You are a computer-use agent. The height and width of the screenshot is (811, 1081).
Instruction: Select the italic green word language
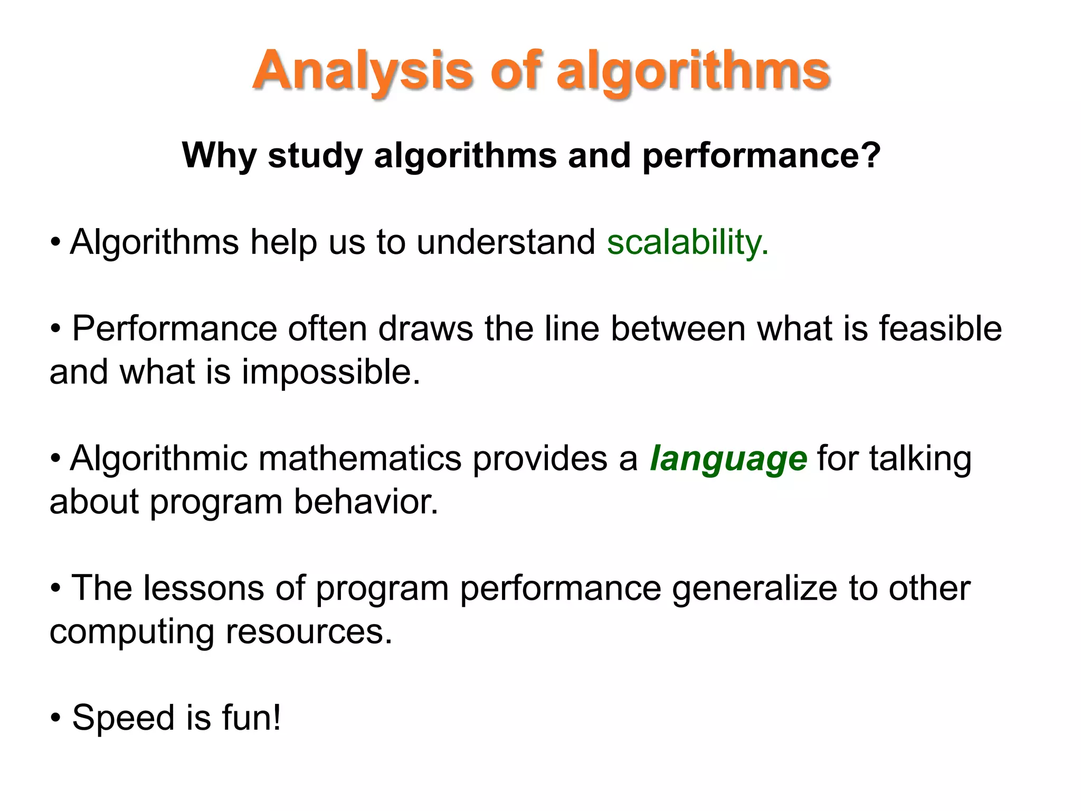click(x=728, y=458)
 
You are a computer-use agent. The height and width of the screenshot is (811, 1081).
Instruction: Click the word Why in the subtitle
click(x=219, y=156)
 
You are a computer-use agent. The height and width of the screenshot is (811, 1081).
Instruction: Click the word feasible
click(x=940, y=328)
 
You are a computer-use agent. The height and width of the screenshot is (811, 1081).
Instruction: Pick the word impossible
click(x=330, y=372)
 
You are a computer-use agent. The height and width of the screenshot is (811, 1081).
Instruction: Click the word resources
click(x=309, y=631)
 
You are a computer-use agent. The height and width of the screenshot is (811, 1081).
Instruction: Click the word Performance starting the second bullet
click(x=174, y=328)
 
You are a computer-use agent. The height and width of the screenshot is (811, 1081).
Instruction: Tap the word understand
click(x=506, y=242)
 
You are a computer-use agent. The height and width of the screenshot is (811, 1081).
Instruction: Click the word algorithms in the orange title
click(x=694, y=71)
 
